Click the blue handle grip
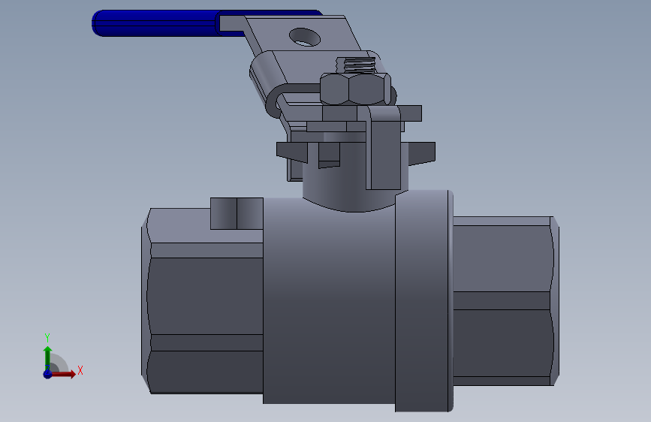coord(158,23)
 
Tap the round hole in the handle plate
coord(305,37)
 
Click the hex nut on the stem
coord(355,89)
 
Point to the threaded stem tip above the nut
coord(356,65)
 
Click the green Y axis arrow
coord(48,358)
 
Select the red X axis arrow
coord(62,374)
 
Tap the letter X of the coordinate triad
coord(80,370)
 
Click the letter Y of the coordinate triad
coord(47,338)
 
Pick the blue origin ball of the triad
coord(47,374)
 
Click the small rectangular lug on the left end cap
coord(237,213)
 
